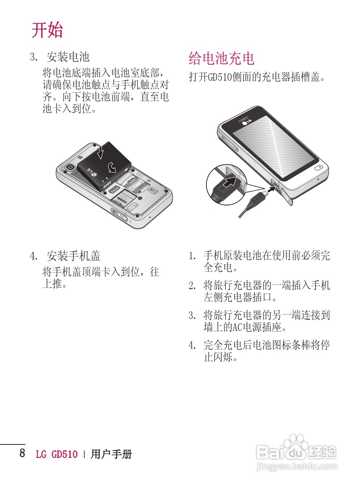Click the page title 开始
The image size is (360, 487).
(47, 30)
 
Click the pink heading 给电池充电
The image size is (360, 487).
(221, 58)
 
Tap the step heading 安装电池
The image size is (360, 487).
(68, 57)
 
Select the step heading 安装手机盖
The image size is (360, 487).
(73, 256)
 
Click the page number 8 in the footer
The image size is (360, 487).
(22, 453)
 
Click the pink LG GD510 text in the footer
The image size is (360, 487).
(57, 455)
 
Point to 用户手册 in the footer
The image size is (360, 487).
(111, 455)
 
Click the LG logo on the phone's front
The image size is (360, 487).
(246, 121)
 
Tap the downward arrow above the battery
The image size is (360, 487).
(100, 152)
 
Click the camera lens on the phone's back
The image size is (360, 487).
(69, 167)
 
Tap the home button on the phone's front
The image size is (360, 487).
(319, 168)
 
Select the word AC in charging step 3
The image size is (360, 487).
(238, 328)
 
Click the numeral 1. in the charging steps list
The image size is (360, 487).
(192, 256)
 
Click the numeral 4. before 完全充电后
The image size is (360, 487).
(192, 345)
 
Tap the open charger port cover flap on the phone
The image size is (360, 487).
(287, 195)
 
